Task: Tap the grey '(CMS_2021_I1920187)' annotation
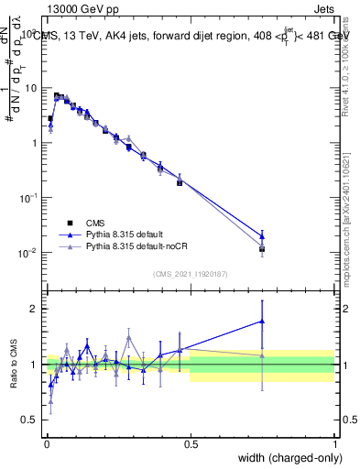(x=191, y=273)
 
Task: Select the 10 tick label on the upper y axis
(x=31, y=88)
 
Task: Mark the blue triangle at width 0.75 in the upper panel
(x=262, y=235)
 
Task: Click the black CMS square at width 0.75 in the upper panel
(x=262, y=248)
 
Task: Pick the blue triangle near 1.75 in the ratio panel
(x=262, y=322)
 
